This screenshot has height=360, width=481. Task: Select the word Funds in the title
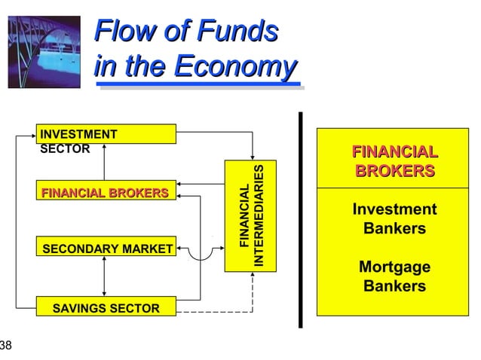[236, 32]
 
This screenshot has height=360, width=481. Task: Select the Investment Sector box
[106, 134]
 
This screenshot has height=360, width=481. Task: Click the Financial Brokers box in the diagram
[106, 194]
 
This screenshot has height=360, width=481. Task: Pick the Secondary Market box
[106, 248]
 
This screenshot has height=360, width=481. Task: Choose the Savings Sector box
[106, 307]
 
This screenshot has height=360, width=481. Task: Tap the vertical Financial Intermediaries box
[251, 216]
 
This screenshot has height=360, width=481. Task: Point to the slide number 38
[6, 346]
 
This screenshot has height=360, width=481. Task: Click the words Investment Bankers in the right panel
[394, 218]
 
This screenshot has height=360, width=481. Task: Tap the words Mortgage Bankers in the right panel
[394, 276]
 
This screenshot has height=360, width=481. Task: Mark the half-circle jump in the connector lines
[201, 255]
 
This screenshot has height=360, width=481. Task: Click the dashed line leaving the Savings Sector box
[215, 311]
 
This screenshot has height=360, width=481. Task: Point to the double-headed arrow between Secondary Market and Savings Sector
[105, 277]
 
